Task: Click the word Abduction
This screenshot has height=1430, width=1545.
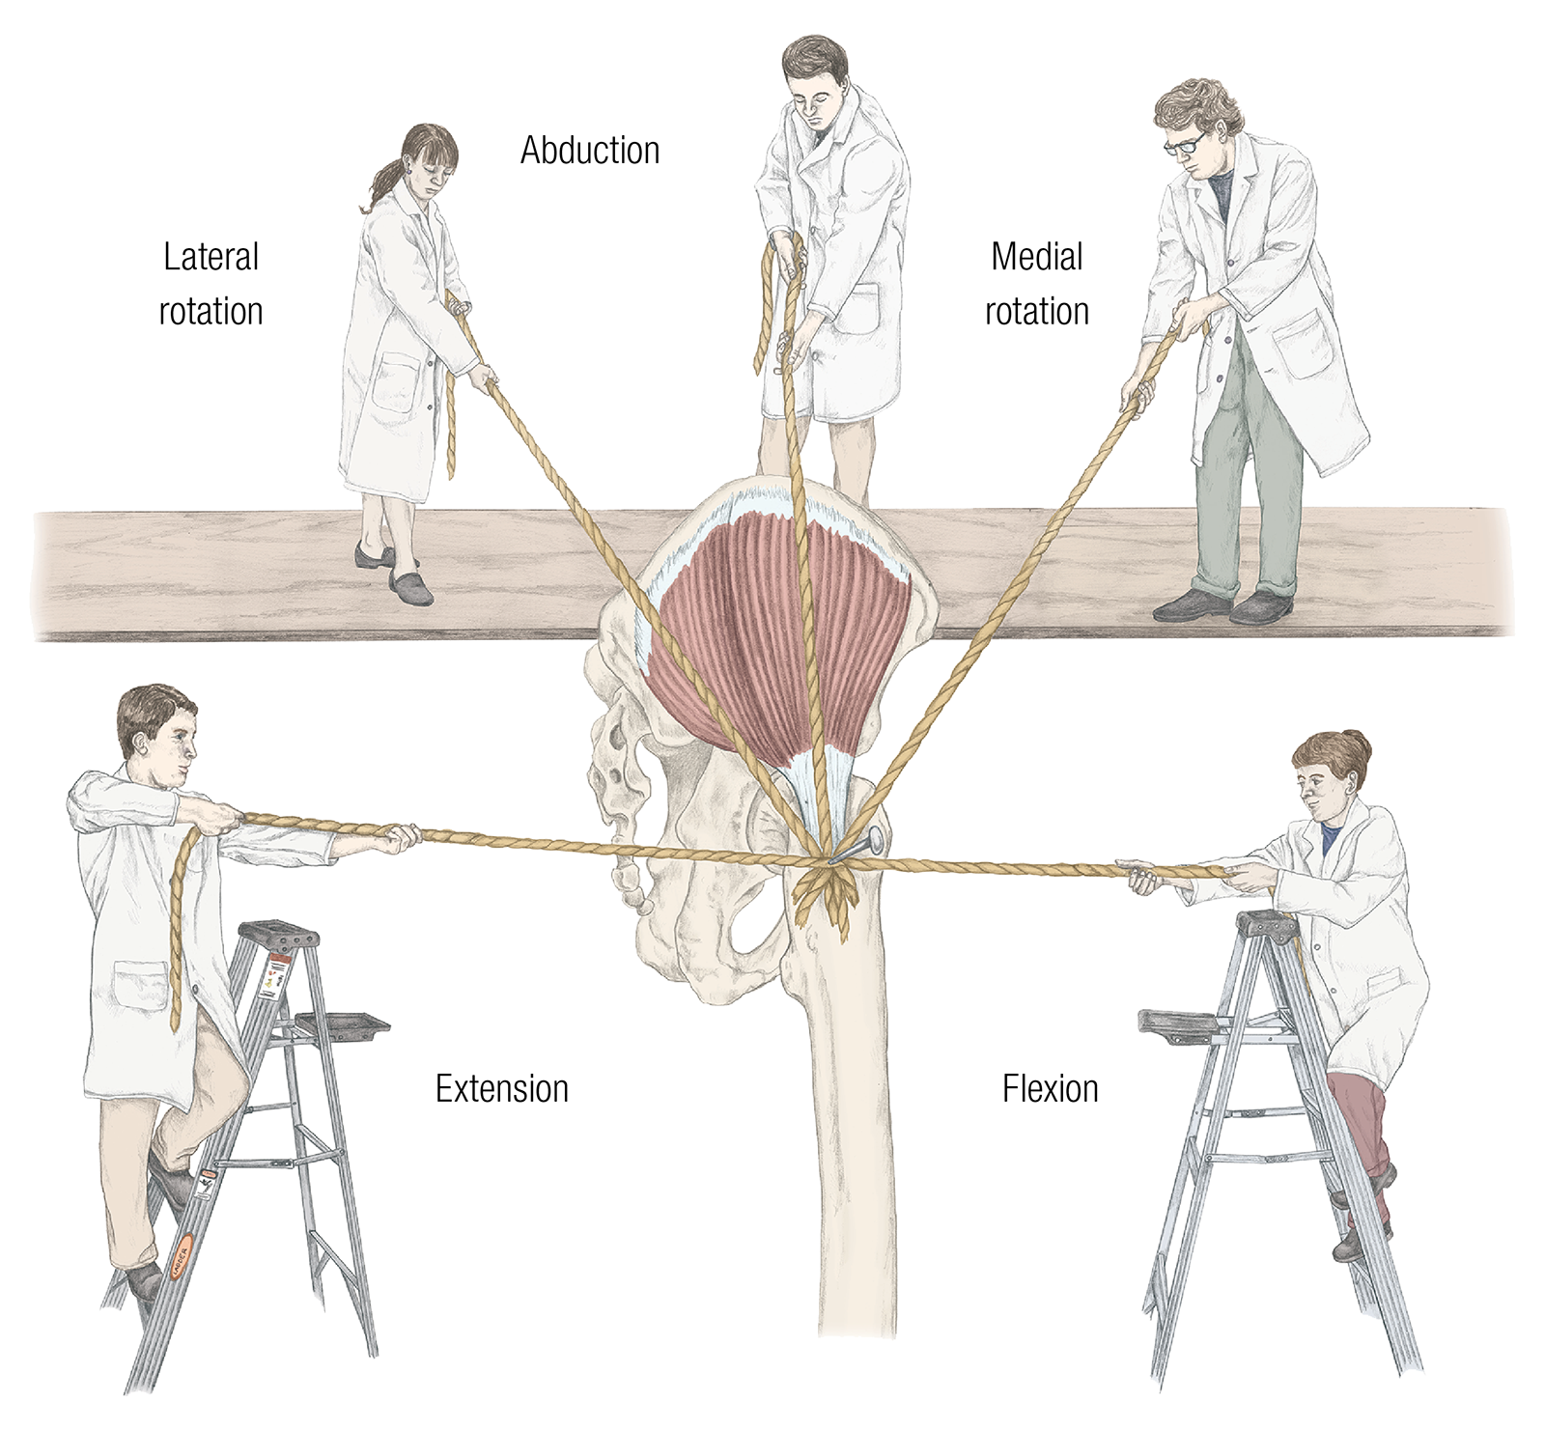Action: tap(590, 151)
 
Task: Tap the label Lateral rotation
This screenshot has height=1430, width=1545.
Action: tap(211, 284)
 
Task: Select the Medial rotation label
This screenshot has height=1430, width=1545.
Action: tap(1037, 284)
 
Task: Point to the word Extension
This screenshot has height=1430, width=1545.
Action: tap(501, 1089)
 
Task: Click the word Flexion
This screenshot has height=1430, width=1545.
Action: tap(1050, 1089)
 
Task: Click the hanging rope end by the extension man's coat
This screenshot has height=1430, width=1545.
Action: tap(182, 927)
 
